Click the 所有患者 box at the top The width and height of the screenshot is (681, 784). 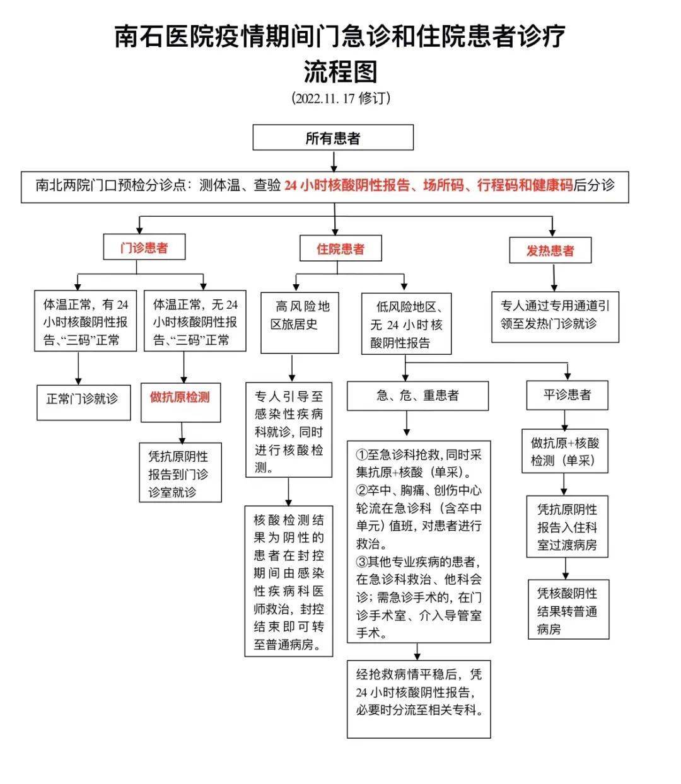333,137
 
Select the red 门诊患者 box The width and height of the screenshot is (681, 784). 144,247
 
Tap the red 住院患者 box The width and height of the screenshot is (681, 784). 340,248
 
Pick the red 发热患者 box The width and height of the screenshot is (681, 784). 550,250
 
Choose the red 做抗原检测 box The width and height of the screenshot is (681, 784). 180,398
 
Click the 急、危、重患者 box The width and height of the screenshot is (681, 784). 417,396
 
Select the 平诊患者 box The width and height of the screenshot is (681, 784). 567,395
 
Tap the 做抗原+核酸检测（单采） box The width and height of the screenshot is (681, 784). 565,451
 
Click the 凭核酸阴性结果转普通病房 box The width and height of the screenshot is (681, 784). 568,610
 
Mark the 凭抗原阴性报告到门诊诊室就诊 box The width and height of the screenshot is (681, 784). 180,473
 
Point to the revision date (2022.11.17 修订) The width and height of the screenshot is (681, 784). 340,99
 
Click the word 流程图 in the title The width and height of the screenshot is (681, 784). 340,71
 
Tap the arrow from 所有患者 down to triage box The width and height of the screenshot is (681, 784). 334,161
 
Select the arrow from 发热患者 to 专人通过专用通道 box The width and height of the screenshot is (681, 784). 554,277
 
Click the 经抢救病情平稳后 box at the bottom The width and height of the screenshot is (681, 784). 419,698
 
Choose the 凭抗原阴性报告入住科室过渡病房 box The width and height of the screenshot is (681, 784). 567,527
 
